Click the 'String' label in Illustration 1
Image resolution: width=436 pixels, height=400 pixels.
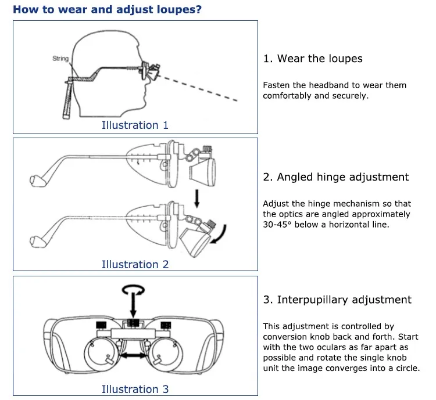[60, 59]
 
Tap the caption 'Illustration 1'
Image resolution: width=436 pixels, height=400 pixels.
[135, 125]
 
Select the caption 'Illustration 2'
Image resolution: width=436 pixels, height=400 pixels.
[135, 264]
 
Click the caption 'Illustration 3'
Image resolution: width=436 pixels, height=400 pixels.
[135, 389]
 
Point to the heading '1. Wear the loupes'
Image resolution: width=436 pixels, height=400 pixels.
[312, 59]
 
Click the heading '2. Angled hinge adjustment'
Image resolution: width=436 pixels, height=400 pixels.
[335, 177]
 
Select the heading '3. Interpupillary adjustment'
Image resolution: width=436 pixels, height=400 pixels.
[337, 300]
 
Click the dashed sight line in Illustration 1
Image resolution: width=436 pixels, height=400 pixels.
[203, 88]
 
